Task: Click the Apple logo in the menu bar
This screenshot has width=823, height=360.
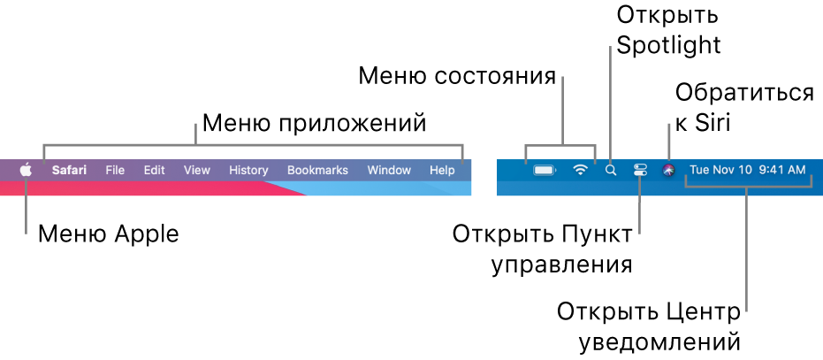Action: tap(27, 169)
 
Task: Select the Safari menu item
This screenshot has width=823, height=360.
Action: tap(69, 170)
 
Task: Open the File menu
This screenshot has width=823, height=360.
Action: tap(115, 170)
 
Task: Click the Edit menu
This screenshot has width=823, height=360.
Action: tap(155, 170)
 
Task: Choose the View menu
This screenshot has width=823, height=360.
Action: tap(197, 170)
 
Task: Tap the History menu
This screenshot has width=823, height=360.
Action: tap(248, 170)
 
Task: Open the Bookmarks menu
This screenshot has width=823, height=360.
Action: tap(317, 170)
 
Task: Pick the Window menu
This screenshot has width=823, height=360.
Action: tap(389, 170)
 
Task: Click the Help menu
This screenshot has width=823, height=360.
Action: tap(442, 170)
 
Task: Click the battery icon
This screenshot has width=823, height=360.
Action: tap(545, 170)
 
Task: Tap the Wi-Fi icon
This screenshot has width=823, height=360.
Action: tap(580, 170)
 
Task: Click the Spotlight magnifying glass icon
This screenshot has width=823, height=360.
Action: tap(610, 170)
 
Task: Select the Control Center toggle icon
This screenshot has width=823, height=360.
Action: tap(641, 170)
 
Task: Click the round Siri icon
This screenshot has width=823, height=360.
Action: tap(669, 170)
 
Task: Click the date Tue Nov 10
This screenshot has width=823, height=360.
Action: tap(719, 170)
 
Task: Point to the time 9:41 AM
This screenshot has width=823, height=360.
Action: tap(781, 170)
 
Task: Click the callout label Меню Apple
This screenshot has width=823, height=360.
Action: tap(108, 234)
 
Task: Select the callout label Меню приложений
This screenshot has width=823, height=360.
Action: tap(315, 122)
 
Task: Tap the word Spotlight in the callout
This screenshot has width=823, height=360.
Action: tap(669, 44)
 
